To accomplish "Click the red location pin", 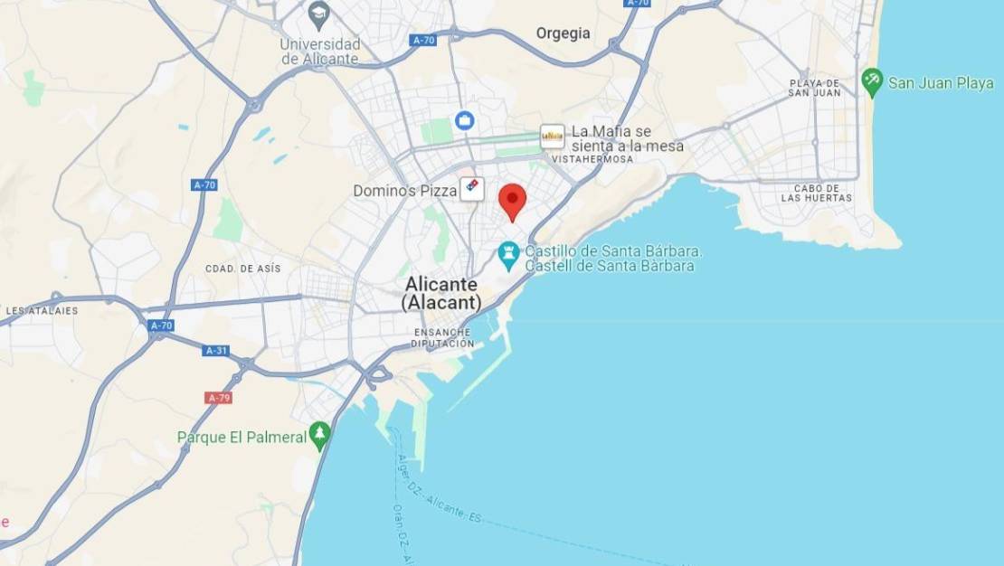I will (513, 201).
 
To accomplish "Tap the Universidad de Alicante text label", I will (320, 52).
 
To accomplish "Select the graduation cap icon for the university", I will (318, 14).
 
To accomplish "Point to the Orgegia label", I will (563, 33).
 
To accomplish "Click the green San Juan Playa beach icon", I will (872, 82).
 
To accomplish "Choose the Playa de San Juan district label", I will (814, 88).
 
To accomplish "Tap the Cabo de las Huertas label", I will (817, 192).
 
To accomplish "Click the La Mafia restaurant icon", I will (552, 137).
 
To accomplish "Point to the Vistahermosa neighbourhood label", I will (592, 159).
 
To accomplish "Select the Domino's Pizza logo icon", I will (471, 189).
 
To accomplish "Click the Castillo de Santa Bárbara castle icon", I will (508, 256).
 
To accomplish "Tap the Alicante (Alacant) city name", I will (441, 293).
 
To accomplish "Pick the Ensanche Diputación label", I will (442, 338).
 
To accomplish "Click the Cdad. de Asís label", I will (243, 269).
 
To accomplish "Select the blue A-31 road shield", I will (215, 351).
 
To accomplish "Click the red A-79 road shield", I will (218, 398).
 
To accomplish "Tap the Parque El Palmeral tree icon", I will (319, 436).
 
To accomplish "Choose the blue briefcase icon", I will (464, 120).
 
